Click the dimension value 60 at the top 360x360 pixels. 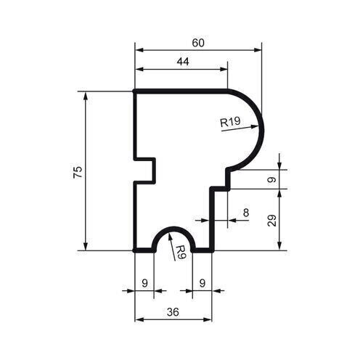pyautogui.click(x=197, y=43)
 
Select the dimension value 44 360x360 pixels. pyautogui.click(x=182, y=62)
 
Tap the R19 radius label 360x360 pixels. pyautogui.click(x=230, y=123)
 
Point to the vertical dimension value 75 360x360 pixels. pyautogui.click(x=78, y=172)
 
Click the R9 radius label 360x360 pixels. pyautogui.click(x=181, y=252)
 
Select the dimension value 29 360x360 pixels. pyautogui.click(x=272, y=220)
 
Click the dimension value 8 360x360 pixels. pyautogui.click(x=245, y=213)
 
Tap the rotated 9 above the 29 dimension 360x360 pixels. pyautogui.click(x=272, y=179)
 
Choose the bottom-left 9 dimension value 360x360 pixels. pyautogui.click(x=144, y=282)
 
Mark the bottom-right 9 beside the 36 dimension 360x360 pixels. pyautogui.click(x=201, y=282)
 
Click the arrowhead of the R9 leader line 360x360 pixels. pyautogui.click(x=170, y=234)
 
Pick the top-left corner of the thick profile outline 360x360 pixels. pyautogui.click(x=136, y=91)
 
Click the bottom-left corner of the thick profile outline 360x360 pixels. pyautogui.click(x=136, y=250)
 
